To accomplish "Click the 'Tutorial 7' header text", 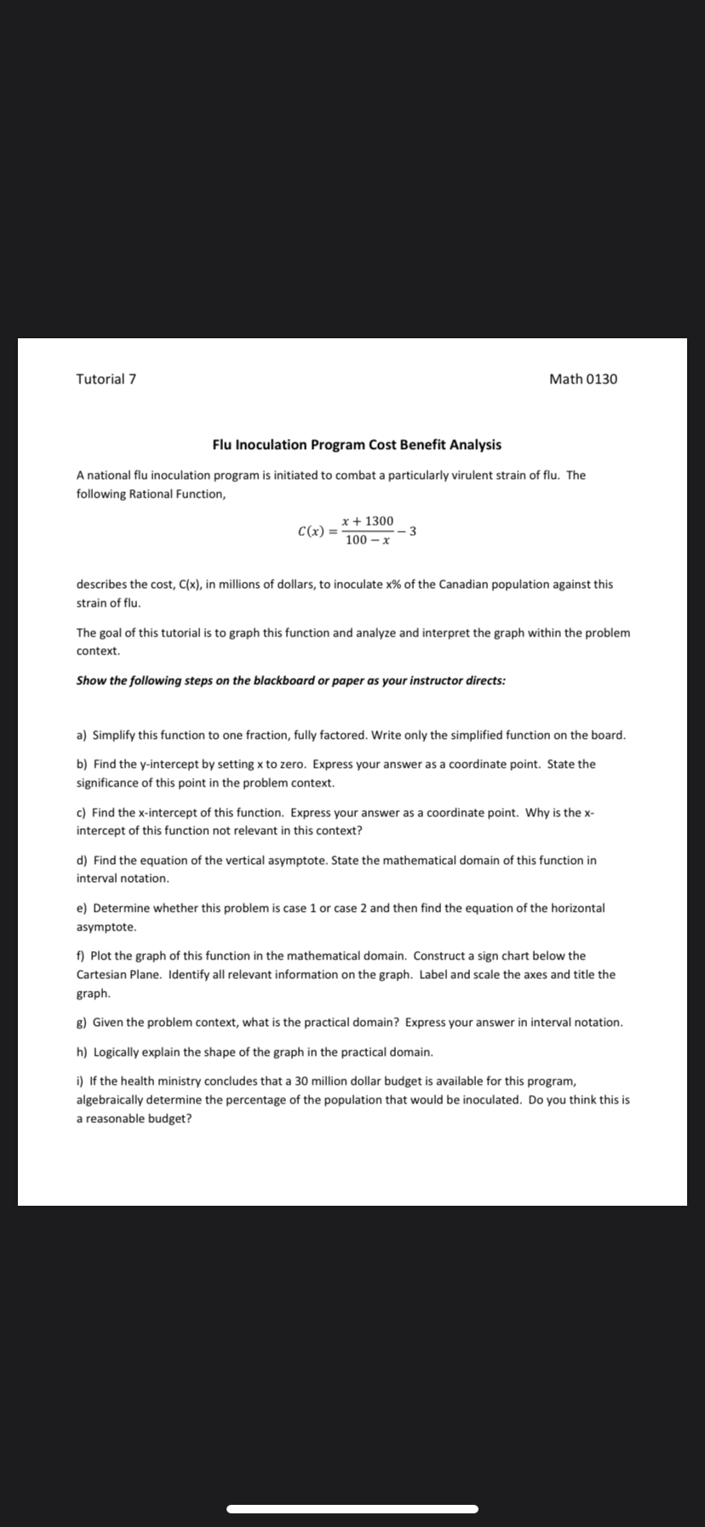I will (106, 379).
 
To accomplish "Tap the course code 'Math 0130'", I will (583, 379).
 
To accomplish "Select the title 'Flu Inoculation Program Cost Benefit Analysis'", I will (357, 445).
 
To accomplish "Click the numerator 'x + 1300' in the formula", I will (367, 521).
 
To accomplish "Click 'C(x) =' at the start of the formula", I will (317, 531).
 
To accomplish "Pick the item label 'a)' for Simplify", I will (83, 735).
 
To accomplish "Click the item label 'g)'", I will (83, 1022).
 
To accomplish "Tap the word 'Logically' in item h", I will (117, 1052).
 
